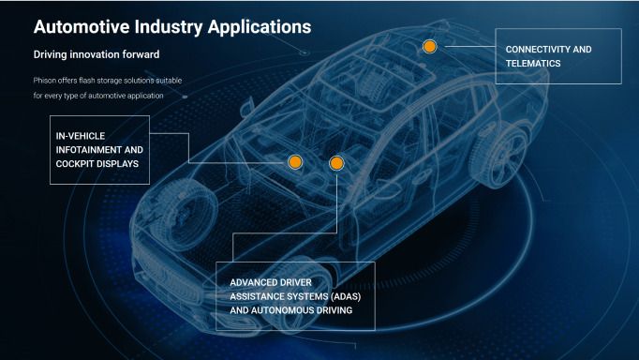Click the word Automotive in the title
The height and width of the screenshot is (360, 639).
tap(82, 27)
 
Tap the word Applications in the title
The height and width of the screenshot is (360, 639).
tap(260, 28)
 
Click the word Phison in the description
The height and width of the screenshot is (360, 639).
tap(44, 81)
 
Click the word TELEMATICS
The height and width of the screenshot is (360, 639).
tap(533, 64)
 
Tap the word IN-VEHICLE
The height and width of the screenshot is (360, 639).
tap(81, 136)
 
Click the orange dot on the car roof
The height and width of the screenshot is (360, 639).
tap(429, 47)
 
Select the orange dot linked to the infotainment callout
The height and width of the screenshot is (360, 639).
tap(295, 162)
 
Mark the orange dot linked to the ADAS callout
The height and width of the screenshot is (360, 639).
tap(336, 163)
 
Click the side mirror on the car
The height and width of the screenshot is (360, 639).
tap(247, 107)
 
